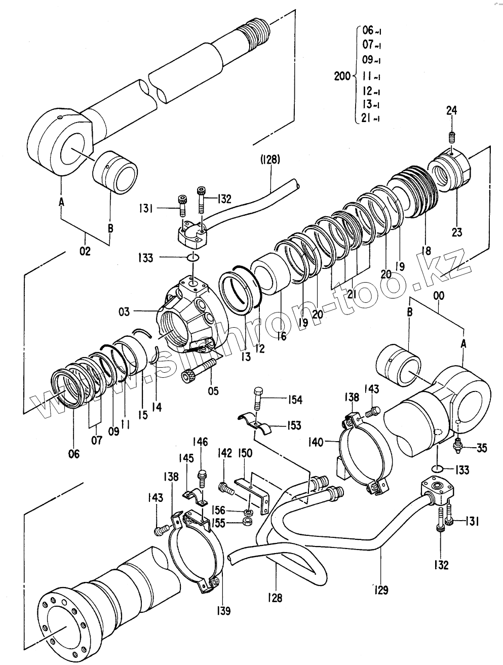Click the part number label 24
coord(451,110)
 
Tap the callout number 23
coord(456,232)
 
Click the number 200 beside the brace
coord(342,76)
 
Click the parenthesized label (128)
coord(269,160)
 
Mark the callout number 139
coord(223,611)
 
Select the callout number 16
coord(282,336)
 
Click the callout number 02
coord(85,251)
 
